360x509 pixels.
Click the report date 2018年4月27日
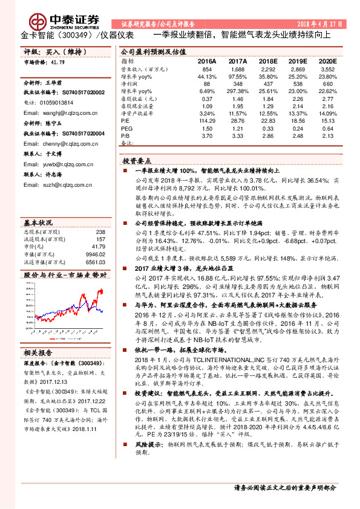pos(320,24)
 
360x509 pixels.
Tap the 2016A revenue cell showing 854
pos(207,70)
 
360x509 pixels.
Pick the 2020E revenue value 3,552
pos(327,70)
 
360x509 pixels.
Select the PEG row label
pos(126,129)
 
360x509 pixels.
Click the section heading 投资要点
pos(136,162)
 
